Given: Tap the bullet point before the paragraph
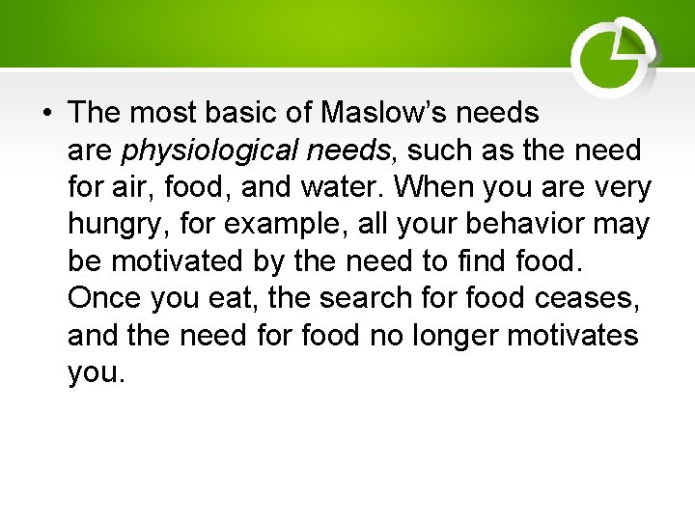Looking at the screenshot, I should tap(46, 114).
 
